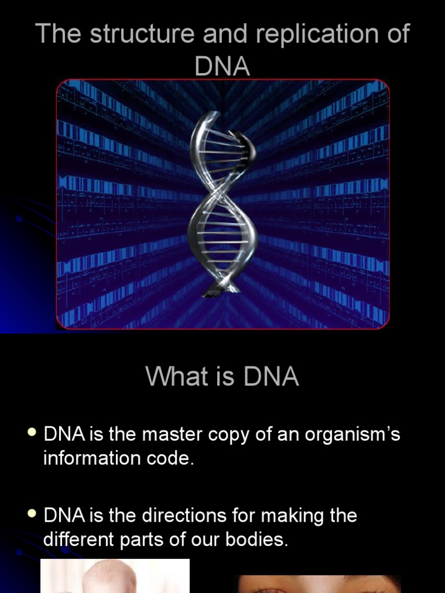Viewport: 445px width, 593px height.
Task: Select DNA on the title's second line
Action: pyautogui.click(x=222, y=67)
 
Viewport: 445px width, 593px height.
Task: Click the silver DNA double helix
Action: pyautogui.click(x=222, y=203)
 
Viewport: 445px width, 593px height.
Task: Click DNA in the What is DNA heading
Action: pyautogui.click(x=271, y=377)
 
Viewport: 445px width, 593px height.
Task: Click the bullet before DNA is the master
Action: pyautogui.click(x=32, y=434)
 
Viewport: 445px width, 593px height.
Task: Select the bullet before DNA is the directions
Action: pyautogui.click(x=32, y=514)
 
